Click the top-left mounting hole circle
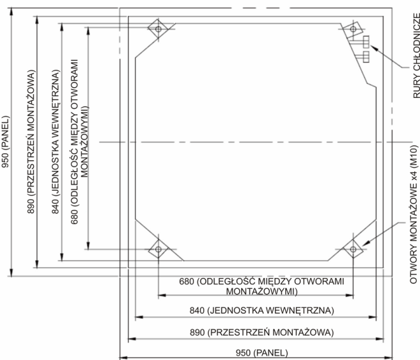click(x=158, y=29)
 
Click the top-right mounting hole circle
click(x=353, y=29)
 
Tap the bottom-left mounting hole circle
click(x=158, y=249)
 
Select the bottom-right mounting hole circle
click(x=353, y=249)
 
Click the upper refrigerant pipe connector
click(x=366, y=42)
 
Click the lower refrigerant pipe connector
click(x=366, y=57)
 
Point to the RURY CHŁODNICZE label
click(x=416, y=56)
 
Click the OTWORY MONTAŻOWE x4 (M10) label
click(x=414, y=214)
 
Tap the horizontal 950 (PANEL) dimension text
click(x=262, y=352)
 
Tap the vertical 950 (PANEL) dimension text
click(x=5, y=142)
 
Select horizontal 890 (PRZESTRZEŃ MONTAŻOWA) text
click(x=262, y=332)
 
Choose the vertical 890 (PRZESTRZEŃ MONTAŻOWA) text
click(x=31, y=142)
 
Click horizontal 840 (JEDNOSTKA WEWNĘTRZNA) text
click(x=262, y=310)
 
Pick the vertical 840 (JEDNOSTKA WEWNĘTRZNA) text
click(x=55, y=142)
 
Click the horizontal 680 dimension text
click(x=262, y=286)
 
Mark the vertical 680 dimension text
click(x=80, y=142)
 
